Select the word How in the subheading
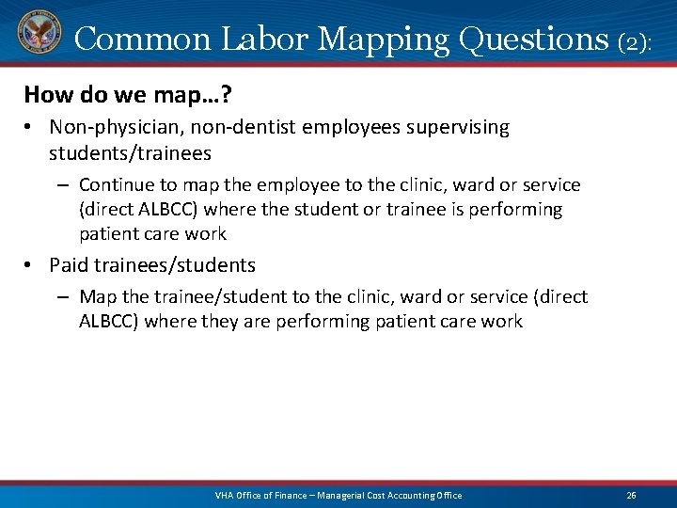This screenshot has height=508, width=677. point(44,95)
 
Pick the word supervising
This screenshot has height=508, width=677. point(457,127)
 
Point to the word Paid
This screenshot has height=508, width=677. point(69,265)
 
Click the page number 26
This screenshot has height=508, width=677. point(632,496)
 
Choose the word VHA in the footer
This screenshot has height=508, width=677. point(225,496)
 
